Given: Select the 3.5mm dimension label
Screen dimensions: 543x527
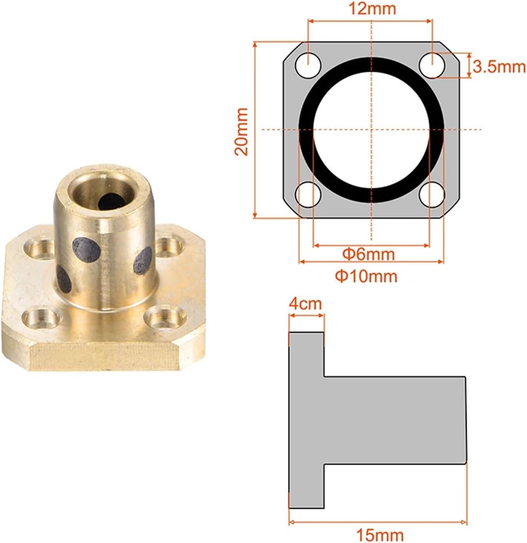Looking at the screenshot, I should tap(499, 67).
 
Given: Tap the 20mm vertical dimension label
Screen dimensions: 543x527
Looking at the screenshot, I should tap(242, 131).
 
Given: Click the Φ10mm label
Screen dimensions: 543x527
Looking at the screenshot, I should tap(366, 276).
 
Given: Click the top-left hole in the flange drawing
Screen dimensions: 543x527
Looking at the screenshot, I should tap(308, 65).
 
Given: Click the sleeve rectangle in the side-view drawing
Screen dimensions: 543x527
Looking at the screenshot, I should tap(395, 420).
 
